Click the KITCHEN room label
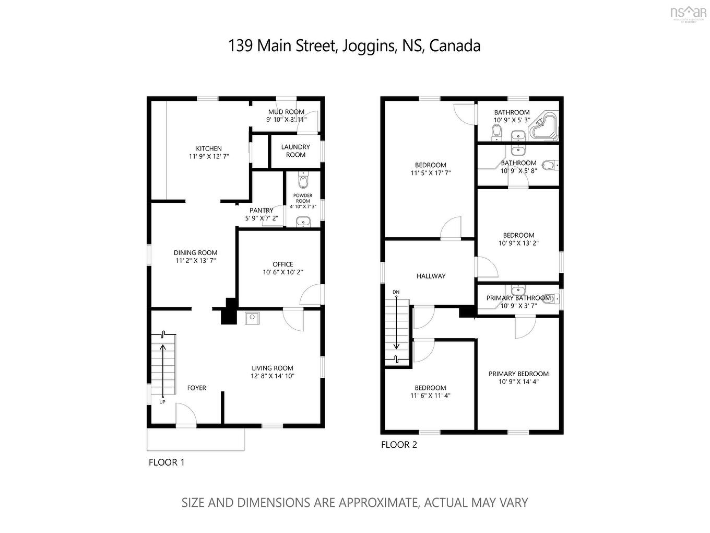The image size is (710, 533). point(209,148)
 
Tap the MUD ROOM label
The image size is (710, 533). point(286,112)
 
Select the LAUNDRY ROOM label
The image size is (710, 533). point(295,151)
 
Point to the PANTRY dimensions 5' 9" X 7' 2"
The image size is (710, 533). point(262,218)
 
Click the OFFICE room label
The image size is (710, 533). point(282,264)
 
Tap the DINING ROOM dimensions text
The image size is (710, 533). point(195,260)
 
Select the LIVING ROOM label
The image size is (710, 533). point(273,368)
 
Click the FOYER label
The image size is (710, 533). point(197,388)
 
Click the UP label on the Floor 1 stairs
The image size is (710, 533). point(162,402)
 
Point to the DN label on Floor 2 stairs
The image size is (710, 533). point(396,292)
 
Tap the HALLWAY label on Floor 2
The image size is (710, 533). point(431,276)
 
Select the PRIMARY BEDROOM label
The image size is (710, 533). point(518,374)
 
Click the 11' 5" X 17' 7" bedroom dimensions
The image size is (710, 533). point(431,173)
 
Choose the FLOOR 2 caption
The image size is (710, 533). point(399,445)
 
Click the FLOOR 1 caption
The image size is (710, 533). point(167,462)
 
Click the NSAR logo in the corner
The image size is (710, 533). point(688,13)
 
